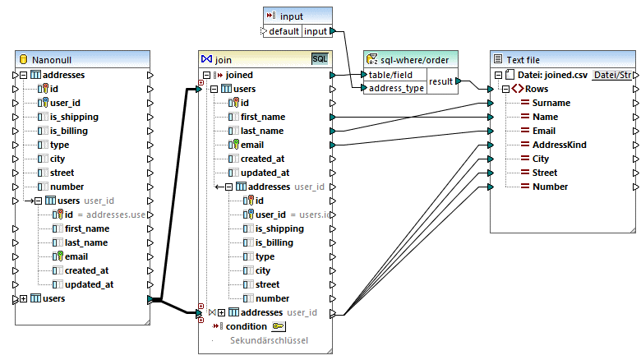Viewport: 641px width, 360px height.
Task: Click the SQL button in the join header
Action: (x=319, y=59)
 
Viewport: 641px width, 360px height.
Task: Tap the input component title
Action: (x=291, y=16)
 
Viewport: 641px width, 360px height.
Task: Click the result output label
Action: (x=440, y=81)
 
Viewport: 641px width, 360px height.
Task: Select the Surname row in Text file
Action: (x=551, y=103)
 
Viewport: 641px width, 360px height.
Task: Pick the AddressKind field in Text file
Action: (x=559, y=145)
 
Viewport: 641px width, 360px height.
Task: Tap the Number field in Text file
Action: (x=550, y=187)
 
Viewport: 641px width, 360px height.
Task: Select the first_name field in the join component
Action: (x=263, y=117)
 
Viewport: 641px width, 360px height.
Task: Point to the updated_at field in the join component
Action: (x=265, y=173)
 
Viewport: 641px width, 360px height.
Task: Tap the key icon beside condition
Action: (x=279, y=326)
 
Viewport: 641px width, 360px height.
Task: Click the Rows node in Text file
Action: (x=537, y=89)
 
